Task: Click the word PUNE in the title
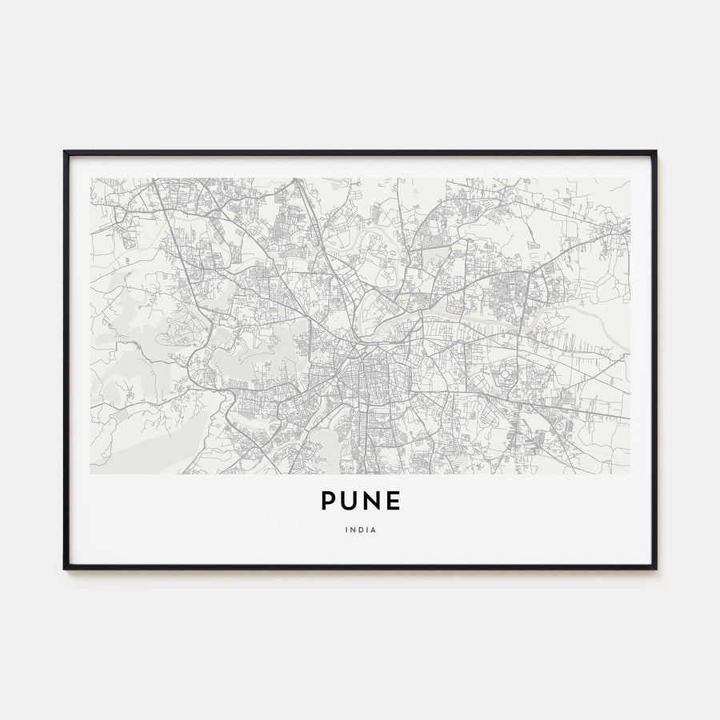(x=360, y=501)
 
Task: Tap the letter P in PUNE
(x=329, y=501)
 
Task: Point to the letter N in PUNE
(x=371, y=501)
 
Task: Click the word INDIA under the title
(x=360, y=529)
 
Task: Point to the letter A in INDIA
(x=373, y=529)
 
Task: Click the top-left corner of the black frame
(x=65, y=151)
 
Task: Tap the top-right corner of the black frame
(x=656, y=151)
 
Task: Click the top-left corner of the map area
(x=91, y=178)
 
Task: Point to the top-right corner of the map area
(x=630, y=178)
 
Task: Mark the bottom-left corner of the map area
(x=91, y=474)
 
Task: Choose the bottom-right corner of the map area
(x=630, y=474)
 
